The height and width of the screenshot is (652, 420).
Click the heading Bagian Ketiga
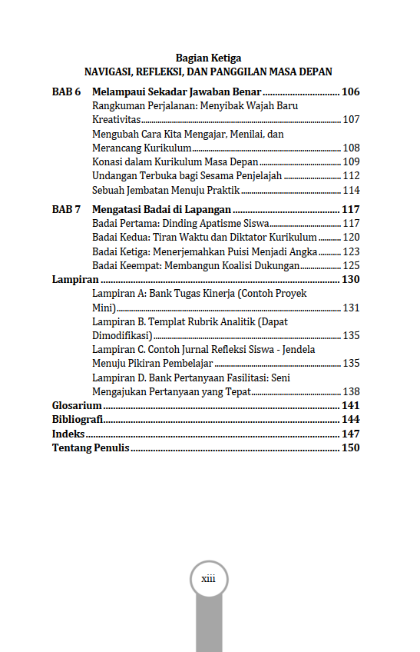208,58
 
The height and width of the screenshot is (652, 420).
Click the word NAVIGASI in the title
107,72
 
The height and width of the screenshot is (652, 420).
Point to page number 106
350,92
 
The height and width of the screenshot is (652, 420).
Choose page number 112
351,176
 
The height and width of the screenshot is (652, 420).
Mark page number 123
351,251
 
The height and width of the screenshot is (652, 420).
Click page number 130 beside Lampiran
350,279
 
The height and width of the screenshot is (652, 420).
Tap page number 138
351,391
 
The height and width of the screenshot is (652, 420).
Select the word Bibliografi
78,420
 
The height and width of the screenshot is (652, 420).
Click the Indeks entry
68,434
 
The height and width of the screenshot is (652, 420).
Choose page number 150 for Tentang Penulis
350,448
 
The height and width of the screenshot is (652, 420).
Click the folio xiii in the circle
208,579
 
